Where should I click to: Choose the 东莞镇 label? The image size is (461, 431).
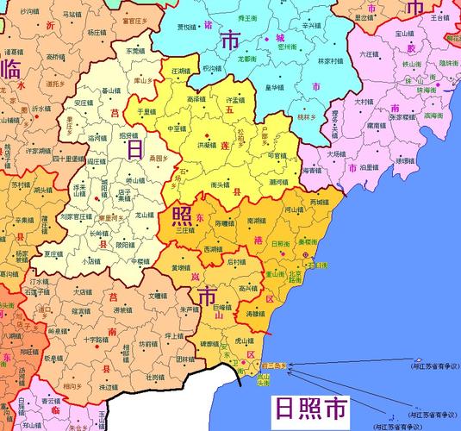point(137,51)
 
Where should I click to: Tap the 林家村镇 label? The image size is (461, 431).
point(331,61)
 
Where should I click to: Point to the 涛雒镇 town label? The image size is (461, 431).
point(256,315)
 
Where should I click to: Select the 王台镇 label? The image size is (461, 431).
point(439,16)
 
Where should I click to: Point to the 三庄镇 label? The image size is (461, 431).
point(185,230)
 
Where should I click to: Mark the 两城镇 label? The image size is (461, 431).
point(320,202)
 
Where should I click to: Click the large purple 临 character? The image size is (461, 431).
point(12,67)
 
